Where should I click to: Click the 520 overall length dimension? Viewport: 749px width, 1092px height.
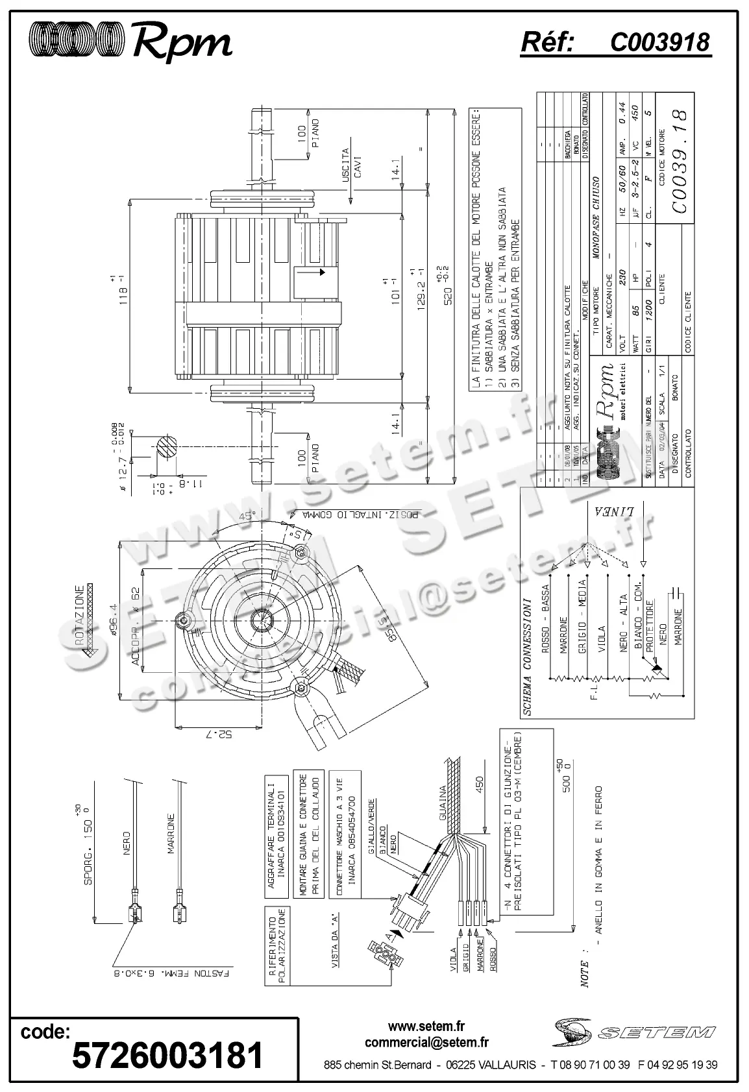(444, 286)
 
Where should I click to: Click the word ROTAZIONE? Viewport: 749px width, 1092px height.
(79, 615)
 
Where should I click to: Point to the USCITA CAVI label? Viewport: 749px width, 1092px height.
(350, 165)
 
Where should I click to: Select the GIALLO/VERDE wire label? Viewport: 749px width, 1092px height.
(371, 821)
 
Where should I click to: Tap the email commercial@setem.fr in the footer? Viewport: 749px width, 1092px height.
(426, 1043)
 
